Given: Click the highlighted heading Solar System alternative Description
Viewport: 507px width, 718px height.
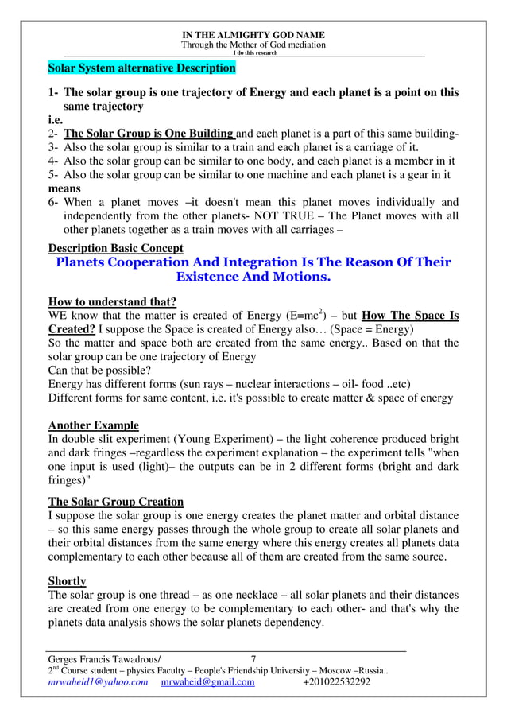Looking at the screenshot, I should [142, 68].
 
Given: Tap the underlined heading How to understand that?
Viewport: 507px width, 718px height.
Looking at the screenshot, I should [112, 301].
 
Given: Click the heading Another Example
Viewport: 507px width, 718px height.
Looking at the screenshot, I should [93, 425].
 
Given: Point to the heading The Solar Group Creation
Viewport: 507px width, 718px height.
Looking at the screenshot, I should [115, 502].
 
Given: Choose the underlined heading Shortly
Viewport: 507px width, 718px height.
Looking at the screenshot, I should [67, 580].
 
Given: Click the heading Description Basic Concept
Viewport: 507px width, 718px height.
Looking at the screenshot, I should [115, 248].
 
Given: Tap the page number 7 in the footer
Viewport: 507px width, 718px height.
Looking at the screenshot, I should [253, 658].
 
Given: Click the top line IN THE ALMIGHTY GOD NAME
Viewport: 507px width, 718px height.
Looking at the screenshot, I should [253, 35].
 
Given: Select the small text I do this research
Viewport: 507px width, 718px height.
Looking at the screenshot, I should [253, 52].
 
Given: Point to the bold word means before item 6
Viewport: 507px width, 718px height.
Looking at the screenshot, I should [66, 188].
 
